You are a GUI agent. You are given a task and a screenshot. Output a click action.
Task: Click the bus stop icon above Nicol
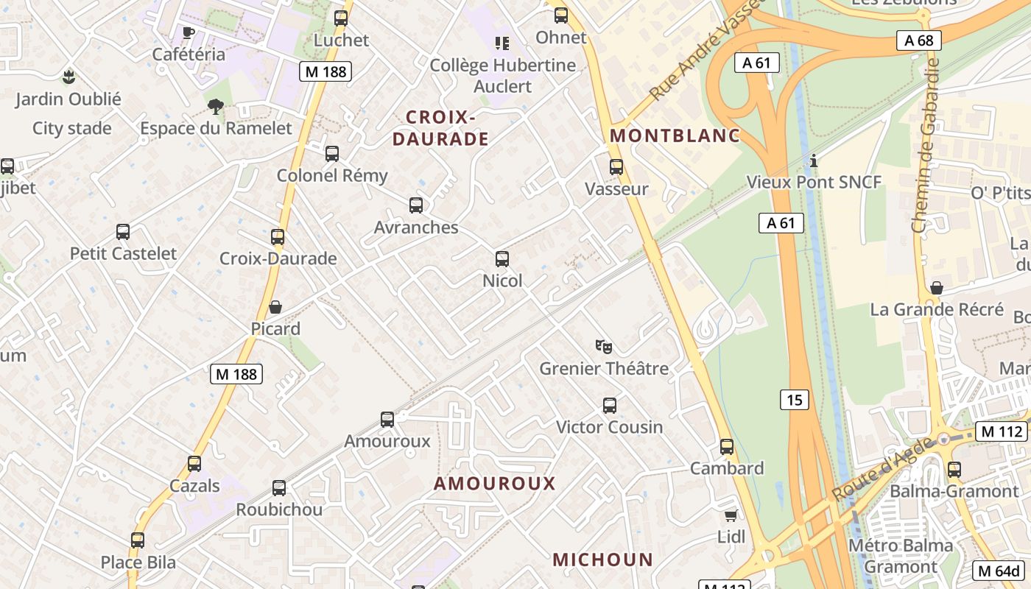click(x=502, y=259)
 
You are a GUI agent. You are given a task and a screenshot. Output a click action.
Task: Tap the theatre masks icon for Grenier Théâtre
click(x=604, y=346)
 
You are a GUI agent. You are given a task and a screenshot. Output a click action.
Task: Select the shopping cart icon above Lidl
click(x=731, y=515)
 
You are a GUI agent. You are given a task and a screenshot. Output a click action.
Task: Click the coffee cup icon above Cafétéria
click(x=189, y=32)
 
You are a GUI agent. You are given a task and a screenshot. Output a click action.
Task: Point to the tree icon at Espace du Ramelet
click(x=216, y=107)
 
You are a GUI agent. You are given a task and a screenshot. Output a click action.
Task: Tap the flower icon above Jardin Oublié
click(x=68, y=77)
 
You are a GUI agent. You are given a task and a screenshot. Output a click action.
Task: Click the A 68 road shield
click(x=919, y=40)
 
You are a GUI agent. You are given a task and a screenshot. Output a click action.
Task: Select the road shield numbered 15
click(x=794, y=400)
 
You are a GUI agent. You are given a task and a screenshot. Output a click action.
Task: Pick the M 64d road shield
click(x=999, y=570)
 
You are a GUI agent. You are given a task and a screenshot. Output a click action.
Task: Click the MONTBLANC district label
click(x=675, y=135)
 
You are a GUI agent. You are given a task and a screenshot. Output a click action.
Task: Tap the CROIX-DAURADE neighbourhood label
click(x=440, y=128)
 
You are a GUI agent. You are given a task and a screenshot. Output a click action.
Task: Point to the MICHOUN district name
click(x=602, y=560)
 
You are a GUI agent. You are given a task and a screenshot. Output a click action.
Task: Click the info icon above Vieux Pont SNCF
click(x=814, y=161)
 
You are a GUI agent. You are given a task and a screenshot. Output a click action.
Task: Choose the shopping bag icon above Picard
click(x=275, y=307)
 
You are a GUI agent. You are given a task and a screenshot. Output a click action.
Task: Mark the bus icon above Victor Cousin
click(x=610, y=405)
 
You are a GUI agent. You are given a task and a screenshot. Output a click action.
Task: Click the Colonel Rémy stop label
click(x=331, y=175)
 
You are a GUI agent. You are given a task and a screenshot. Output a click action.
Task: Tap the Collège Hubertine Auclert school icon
click(x=502, y=43)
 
